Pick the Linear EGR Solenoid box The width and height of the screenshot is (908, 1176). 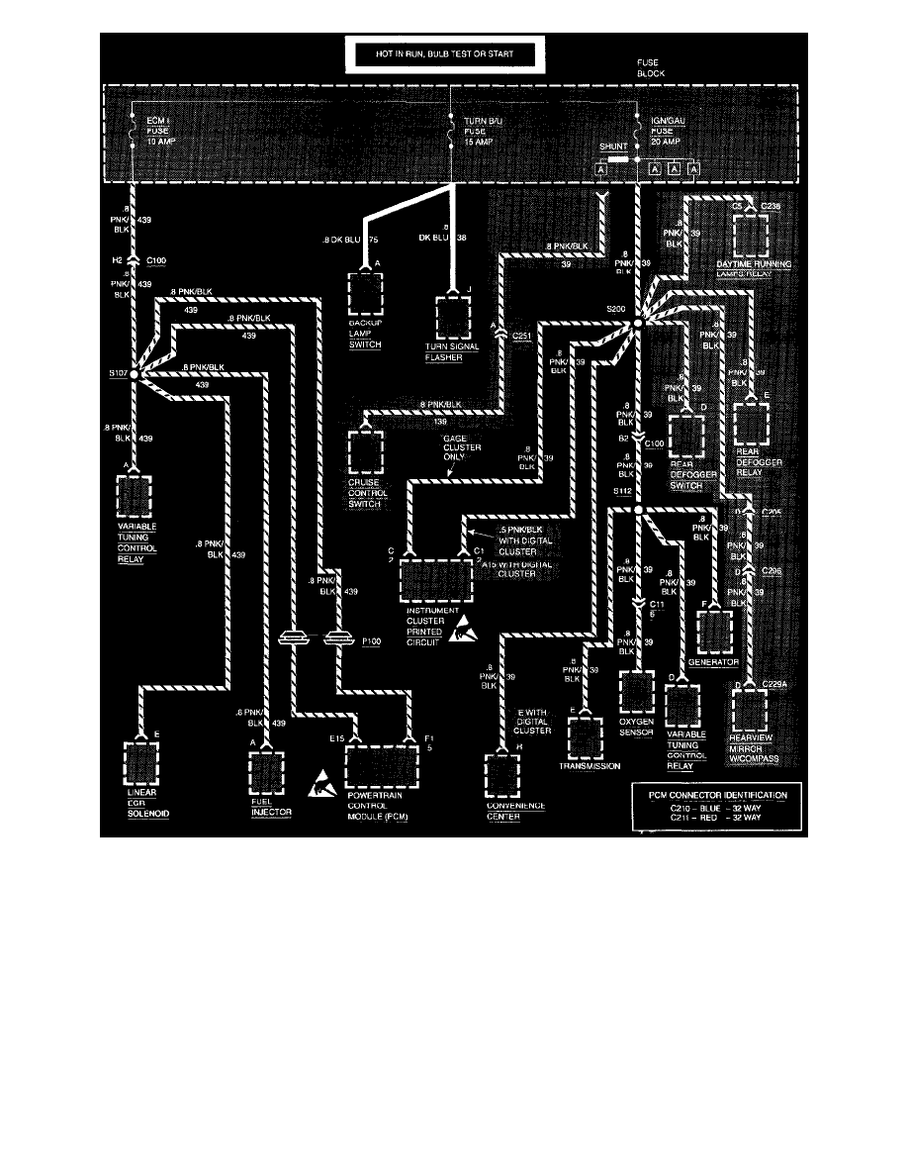[144, 760]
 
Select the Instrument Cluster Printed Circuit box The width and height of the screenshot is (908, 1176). [436, 581]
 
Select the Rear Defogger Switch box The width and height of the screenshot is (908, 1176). [687, 435]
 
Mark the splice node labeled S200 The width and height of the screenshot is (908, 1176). [638, 322]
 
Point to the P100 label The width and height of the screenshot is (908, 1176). [371, 641]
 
